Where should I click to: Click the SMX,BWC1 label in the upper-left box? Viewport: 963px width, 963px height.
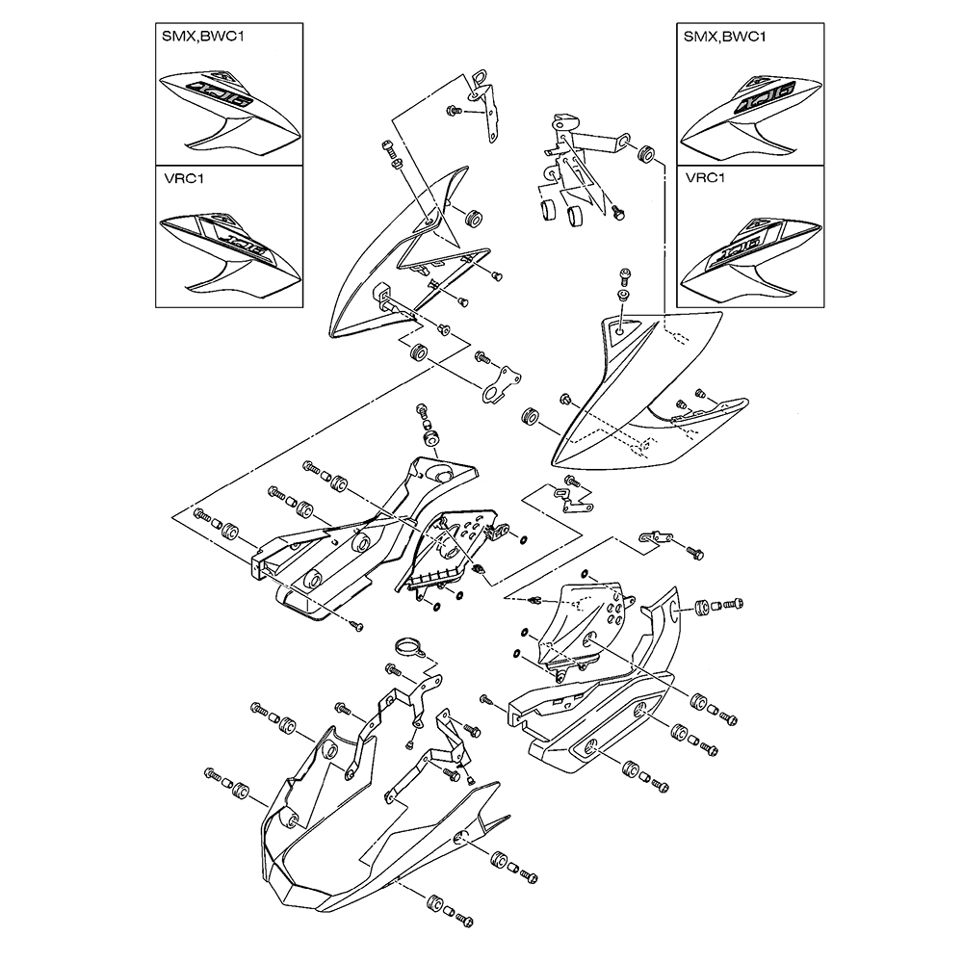pos(200,38)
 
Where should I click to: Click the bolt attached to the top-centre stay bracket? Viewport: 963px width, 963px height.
pos(451,113)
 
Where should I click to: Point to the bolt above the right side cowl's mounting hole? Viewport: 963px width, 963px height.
pos(623,276)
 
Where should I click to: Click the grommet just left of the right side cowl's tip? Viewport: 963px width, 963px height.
pos(529,417)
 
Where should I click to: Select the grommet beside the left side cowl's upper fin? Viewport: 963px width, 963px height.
pos(473,217)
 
